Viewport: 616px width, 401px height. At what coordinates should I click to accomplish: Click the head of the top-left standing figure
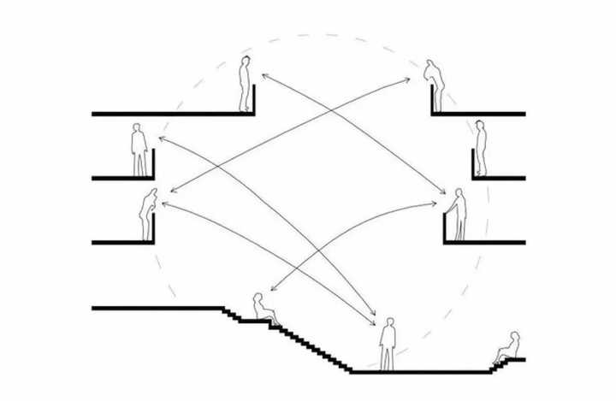pyautogui.click(x=246, y=62)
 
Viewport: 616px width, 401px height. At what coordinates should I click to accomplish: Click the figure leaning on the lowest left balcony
pyautogui.click(x=148, y=215)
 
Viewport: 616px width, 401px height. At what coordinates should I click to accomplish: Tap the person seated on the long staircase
pyautogui.click(x=261, y=309)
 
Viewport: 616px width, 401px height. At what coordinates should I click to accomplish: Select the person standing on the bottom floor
pyautogui.click(x=388, y=344)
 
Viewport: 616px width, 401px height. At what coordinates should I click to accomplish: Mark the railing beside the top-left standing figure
pyautogui.click(x=254, y=99)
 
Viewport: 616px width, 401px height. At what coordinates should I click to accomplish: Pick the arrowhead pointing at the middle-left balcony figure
pyautogui.click(x=160, y=138)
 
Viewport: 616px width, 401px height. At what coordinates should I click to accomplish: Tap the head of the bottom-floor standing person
pyautogui.click(x=389, y=322)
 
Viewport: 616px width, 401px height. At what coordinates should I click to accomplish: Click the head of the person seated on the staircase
pyautogui.click(x=258, y=297)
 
